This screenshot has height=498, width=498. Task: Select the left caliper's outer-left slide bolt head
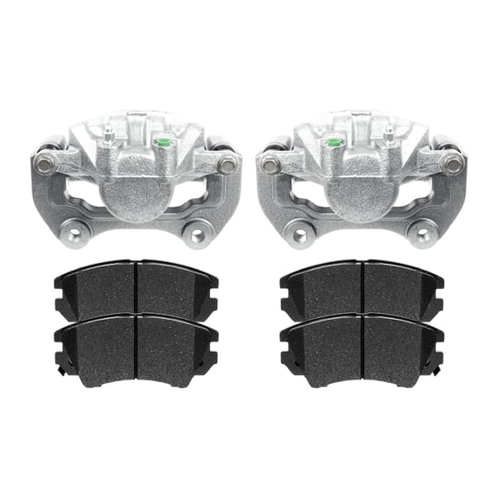[x=44, y=163]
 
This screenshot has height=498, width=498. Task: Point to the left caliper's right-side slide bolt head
[x=227, y=163]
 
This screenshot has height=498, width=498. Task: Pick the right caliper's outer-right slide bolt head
[x=453, y=162]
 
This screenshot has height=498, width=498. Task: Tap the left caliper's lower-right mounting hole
[x=198, y=232]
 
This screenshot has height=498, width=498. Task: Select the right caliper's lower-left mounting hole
[x=300, y=232]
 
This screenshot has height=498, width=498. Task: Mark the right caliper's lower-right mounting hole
[x=420, y=232]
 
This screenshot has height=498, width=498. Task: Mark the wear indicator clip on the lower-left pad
[x=61, y=371]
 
